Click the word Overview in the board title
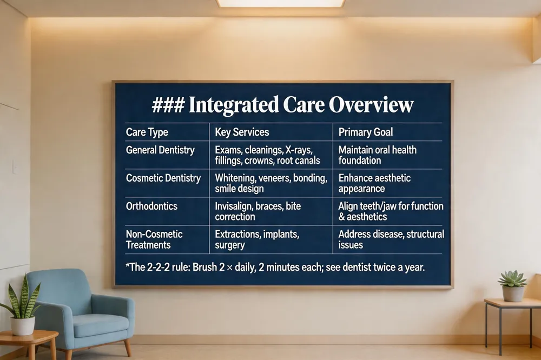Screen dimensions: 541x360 click(x=371, y=104)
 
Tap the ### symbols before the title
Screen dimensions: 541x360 click(x=168, y=104)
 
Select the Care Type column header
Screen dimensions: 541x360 click(x=147, y=132)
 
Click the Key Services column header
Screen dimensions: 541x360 click(x=242, y=132)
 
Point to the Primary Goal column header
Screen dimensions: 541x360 click(x=365, y=132)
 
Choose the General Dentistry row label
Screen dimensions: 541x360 click(x=160, y=150)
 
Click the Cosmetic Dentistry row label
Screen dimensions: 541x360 click(x=163, y=178)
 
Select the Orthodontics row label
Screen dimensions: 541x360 click(x=151, y=206)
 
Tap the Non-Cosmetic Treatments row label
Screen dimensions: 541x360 click(x=154, y=239)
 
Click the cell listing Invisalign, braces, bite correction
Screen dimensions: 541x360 click(x=258, y=211)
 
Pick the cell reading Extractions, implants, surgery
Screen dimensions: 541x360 click(x=256, y=239)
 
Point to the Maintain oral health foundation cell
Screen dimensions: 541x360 click(x=377, y=155)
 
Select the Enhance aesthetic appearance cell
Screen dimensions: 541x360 click(x=374, y=183)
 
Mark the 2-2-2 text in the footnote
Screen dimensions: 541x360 click(x=158, y=267)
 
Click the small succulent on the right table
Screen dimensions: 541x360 click(x=512, y=286)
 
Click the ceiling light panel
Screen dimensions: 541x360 click(x=280, y=3)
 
